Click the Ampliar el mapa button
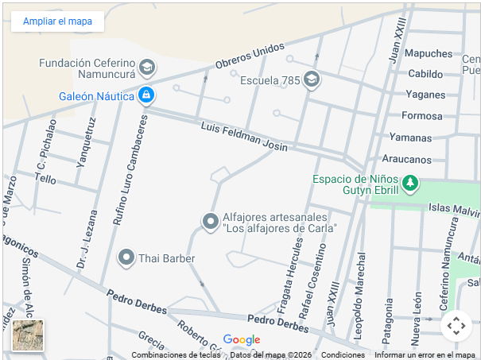point(57,21)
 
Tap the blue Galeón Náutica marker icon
point(145,96)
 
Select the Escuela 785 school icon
point(311,79)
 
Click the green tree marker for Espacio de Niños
point(409,184)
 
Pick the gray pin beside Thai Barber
point(126,257)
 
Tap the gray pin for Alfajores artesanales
point(210,222)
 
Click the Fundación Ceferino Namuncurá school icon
point(146,68)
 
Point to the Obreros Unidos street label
point(250,56)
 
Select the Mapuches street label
point(429,53)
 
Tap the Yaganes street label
point(425,95)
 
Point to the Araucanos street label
point(406,159)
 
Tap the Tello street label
point(45,180)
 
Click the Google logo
point(242,339)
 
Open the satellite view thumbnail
point(28,335)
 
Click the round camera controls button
point(456,325)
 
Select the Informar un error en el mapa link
point(425,355)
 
